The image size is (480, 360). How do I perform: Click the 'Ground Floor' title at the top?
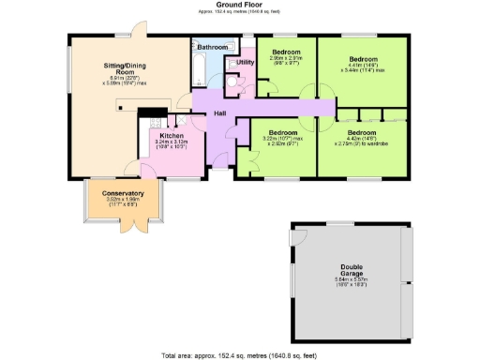pos(239,5)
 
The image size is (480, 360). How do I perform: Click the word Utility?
pos(246,62)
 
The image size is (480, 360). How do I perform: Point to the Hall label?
pos(220,113)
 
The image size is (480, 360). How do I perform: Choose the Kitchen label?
pos(172,135)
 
